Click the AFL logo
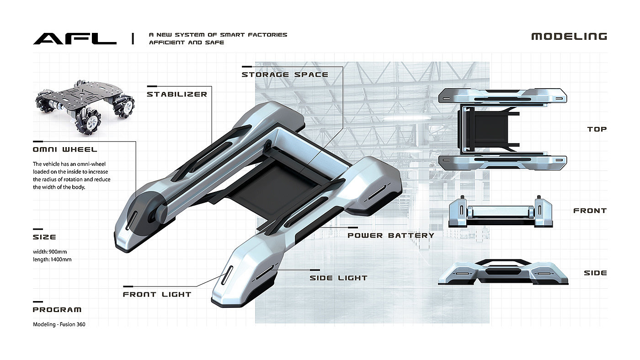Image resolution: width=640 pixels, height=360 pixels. point(75,38)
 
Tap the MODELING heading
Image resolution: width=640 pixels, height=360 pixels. point(569,37)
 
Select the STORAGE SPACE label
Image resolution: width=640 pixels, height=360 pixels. point(285,74)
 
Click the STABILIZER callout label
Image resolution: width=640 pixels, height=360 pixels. point(176,95)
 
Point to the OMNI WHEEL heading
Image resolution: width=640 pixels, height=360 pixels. point(65,149)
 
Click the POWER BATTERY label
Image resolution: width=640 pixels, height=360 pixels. point(390,236)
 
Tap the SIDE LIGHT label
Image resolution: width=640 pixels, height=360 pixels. point(338,278)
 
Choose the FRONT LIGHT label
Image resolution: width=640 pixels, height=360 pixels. point(157,295)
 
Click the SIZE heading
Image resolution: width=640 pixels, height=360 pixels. point(44,237)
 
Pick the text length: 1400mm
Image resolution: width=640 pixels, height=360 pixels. point(52,259)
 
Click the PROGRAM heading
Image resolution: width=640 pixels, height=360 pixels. point(57,310)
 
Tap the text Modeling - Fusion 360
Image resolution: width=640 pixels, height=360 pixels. point(59,324)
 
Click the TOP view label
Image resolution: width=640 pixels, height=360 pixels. point(597,129)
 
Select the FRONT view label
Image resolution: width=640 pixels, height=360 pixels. point(590,211)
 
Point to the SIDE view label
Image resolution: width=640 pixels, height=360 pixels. point(595,273)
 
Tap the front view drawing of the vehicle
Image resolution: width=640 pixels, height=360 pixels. point(502,212)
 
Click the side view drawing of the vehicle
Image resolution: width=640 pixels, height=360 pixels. point(503,273)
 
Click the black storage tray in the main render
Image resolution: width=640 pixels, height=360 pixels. point(270,183)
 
